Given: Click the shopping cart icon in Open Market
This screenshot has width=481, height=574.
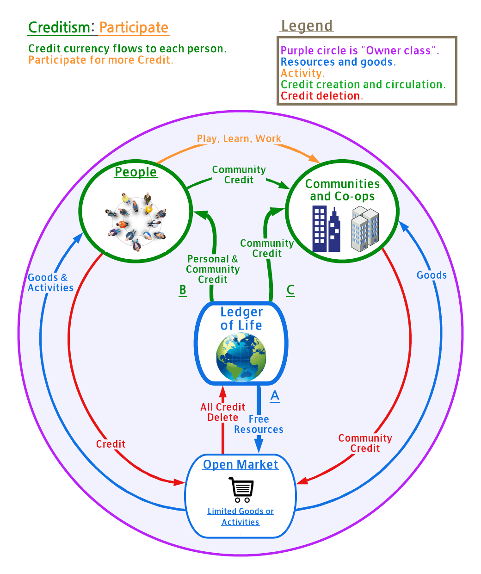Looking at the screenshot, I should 241,490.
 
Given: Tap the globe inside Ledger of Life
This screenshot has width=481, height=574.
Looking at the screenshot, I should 241,357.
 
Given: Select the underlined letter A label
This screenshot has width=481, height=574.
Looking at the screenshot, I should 275,396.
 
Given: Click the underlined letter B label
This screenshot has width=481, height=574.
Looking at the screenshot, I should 183,290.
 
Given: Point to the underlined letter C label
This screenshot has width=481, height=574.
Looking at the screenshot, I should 290,290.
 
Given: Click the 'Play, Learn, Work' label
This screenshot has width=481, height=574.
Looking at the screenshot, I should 239,139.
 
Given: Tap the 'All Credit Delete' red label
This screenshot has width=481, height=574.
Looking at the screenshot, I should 223,412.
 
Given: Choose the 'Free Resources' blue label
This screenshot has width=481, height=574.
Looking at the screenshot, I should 259,424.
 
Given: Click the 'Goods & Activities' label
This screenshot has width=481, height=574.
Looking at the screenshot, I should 50,282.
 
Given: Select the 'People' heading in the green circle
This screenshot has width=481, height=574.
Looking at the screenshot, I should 136,172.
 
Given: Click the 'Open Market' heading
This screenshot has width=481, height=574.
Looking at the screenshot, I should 240,464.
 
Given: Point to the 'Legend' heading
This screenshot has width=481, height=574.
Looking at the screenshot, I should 307,26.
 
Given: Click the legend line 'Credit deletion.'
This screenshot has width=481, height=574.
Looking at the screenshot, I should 322,96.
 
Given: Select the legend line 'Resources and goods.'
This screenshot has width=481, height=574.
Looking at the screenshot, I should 338,62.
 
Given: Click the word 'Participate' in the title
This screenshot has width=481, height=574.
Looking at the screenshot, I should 134,28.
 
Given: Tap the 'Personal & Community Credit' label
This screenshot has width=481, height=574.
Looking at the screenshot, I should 213,269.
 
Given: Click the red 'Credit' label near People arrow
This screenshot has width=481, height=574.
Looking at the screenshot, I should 111,444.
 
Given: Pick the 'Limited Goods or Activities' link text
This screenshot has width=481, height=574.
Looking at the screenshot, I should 240,517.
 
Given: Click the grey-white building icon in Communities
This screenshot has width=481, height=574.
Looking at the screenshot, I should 365,229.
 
